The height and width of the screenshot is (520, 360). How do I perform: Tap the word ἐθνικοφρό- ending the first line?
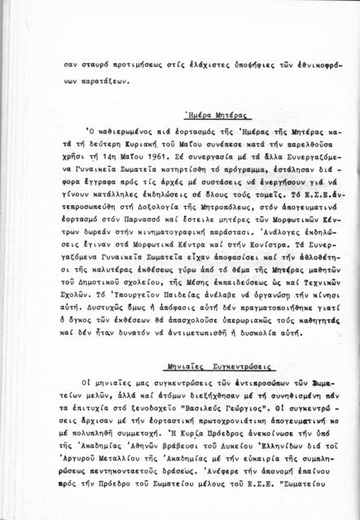click(313, 64)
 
